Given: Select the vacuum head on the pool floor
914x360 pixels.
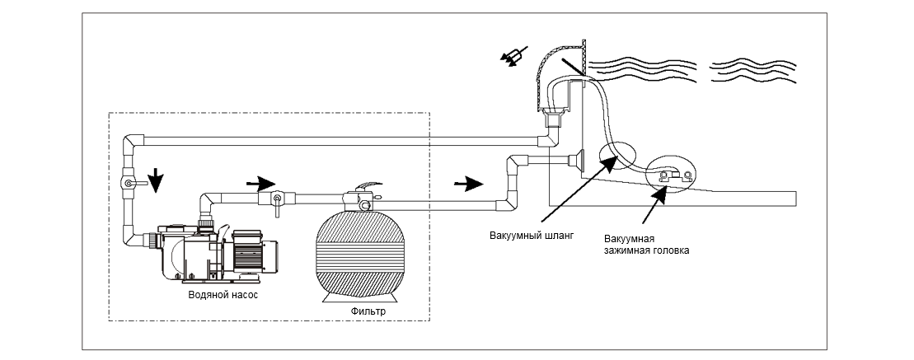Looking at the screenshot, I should tap(670, 175).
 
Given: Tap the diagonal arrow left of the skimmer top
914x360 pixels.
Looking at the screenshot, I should tap(512, 57).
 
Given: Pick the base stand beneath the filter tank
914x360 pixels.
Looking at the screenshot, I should tap(367, 299).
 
